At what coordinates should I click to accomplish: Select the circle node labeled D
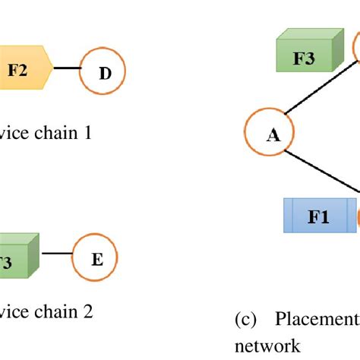104,72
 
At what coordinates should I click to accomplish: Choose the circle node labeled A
273,134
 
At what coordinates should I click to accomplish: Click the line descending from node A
327,172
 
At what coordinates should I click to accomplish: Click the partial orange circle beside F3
356,47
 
